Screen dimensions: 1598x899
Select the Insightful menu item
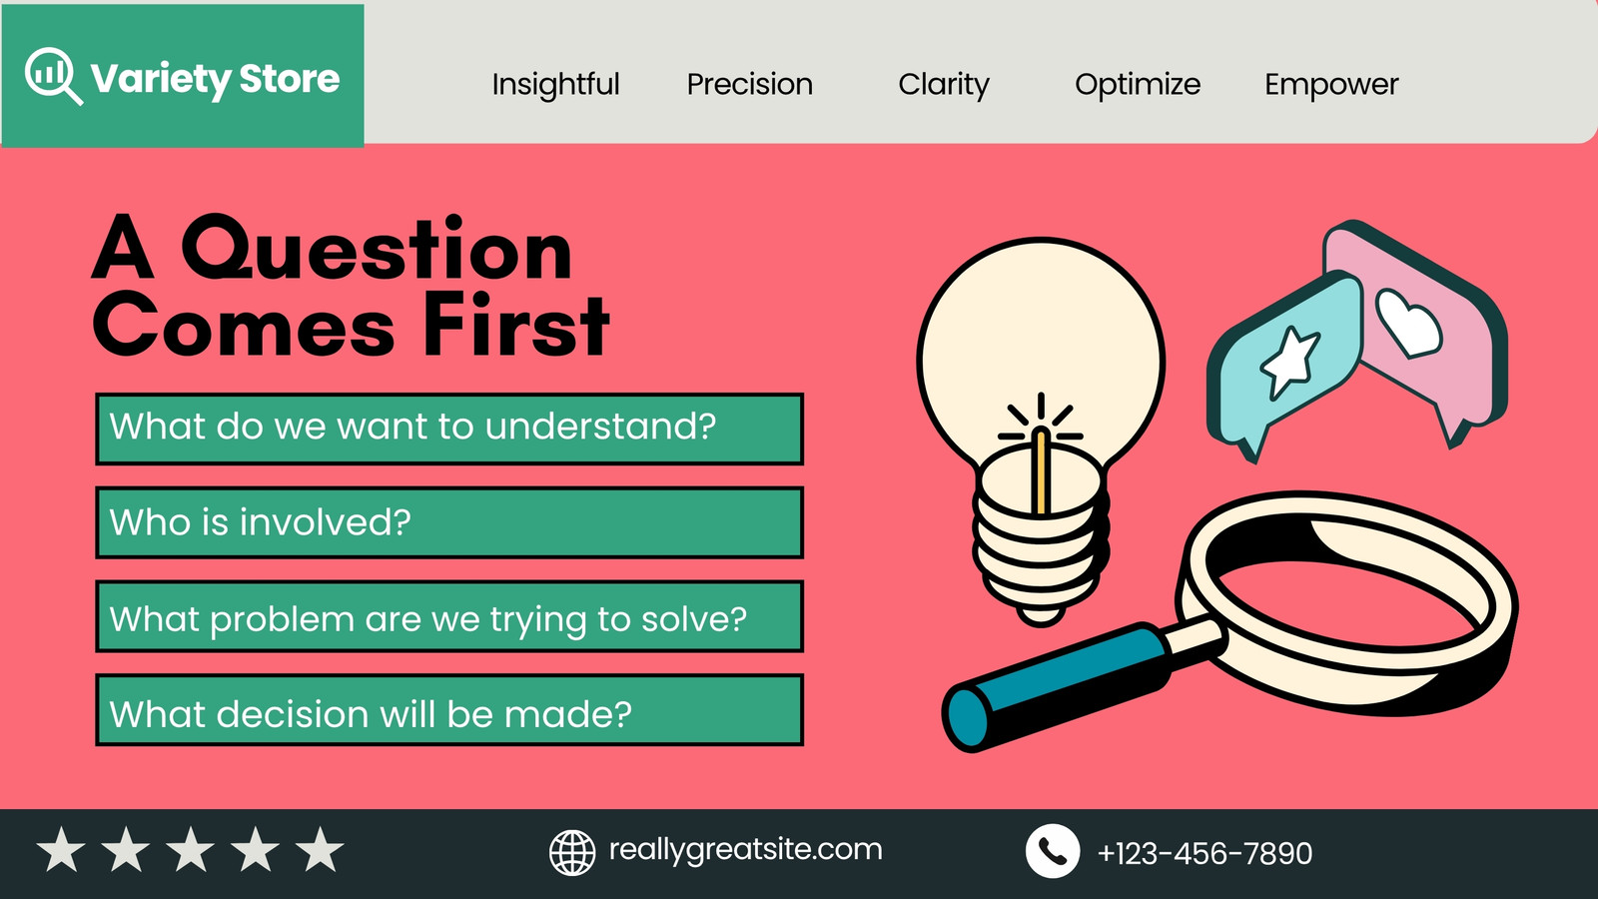pyautogui.click(x=555, y=84)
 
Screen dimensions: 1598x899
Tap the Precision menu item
pyautogui.click(x=750, y=84)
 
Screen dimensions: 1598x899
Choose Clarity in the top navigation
pyautogui.click(x=944, y=85)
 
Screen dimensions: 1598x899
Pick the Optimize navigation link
pyautogui.click(x=1138, y=85)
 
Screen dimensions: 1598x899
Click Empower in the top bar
pyautogui.click(x=1332, y=85)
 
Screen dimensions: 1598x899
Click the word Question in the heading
pyautogui.click(x=377, y=249)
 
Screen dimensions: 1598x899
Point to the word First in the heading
pyautogui.click(x=516, y=326)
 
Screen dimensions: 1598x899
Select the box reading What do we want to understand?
pyautogui.click(x=449, y=429)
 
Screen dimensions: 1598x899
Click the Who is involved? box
pyautogui.click(x=449, y=522)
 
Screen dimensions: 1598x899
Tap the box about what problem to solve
pyautogui.click(x=449, y=616)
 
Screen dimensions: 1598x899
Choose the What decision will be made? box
pyautogui.click(x=449, y=710)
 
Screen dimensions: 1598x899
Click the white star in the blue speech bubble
pyautogui.click(x=1289, y=361)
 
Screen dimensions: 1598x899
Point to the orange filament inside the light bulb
pyautogui.click(x=1041, y=470)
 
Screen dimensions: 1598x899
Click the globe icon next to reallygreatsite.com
pyautogui.click(x=572, y=853)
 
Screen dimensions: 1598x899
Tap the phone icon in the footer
pyautogui.click(x=1053, y=851)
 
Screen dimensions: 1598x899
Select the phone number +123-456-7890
pyautogui.click(x=1204, y=853)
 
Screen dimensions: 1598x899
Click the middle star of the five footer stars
pyautogui.click(x=191, y=849)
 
